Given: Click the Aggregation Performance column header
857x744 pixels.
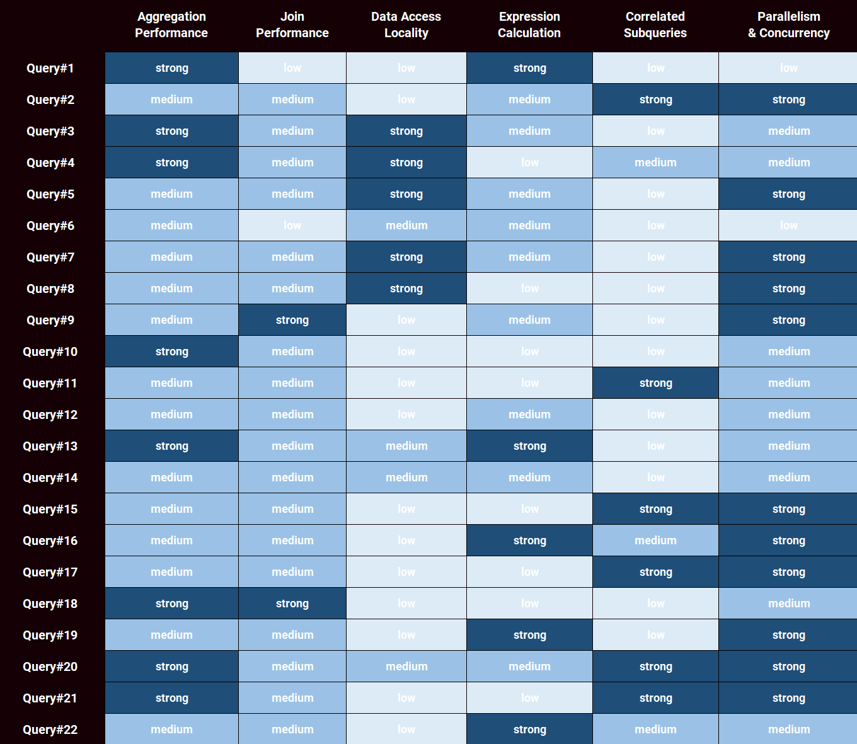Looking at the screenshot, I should pos(171,25).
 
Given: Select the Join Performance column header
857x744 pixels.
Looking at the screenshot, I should pos(292,25).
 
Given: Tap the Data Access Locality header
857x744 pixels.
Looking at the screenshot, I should pos(406,25).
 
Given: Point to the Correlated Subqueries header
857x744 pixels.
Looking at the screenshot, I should pos(655,25).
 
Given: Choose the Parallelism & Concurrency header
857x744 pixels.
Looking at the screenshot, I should pos(789,25).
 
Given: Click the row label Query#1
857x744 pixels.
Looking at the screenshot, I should pos(50,68).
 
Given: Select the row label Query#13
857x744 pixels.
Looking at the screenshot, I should pos(50,446).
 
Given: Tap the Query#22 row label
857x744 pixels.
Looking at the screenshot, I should pos(50,730).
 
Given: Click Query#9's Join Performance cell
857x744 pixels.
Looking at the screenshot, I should pos(292,320).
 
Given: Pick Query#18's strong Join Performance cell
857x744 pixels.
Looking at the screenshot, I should pos(292,604).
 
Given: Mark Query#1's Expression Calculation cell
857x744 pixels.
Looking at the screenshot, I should pos(529,68).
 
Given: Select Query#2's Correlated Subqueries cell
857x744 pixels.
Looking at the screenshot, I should pos(655,100).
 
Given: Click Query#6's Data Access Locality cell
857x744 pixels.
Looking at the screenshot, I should pos(406,226).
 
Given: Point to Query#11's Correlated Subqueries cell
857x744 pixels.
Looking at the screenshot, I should pos(655,383).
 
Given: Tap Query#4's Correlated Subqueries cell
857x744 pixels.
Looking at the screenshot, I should pos(655,163).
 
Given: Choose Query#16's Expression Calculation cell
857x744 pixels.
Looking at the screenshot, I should pos(529,541).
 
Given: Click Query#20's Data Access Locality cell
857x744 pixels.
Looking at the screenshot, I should pos(406,667).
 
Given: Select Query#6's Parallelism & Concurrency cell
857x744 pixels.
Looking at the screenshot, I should pos(789,226).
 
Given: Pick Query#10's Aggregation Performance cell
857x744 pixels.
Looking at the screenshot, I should pos(171,352).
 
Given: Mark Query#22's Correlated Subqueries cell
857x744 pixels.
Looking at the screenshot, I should pos(655,730).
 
